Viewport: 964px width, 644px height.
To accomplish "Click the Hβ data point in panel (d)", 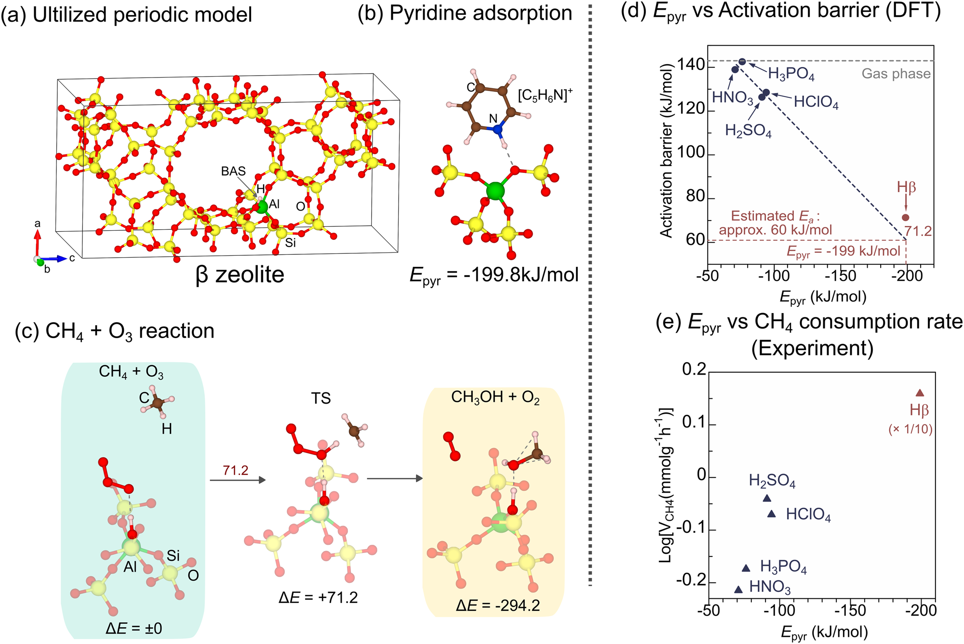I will pos(905,218).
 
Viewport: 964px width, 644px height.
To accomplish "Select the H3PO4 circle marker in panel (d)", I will pos(742,62).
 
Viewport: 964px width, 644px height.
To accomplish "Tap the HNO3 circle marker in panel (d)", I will pos(735,69).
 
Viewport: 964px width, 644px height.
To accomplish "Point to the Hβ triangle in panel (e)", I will pos(920,393).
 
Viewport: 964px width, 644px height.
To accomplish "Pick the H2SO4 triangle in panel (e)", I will pos(767,498).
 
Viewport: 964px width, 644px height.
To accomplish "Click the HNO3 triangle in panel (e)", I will pos(738,589).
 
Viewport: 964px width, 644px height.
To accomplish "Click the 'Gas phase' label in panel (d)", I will pos(896,74).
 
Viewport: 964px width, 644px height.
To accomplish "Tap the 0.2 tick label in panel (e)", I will pos(694,369).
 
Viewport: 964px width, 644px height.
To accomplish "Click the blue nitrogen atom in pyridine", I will pos(497,129).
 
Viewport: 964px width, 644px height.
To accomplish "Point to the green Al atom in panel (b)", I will pos(495,191).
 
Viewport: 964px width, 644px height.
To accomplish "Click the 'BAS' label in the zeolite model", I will pos(233,171).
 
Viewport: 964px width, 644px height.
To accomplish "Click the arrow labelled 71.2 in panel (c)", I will pos(238,480).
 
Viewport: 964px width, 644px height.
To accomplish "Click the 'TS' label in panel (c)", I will pos(321,399).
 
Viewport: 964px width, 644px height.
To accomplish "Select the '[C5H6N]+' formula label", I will pos(545,95).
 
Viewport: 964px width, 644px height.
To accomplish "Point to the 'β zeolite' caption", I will pos(240,275).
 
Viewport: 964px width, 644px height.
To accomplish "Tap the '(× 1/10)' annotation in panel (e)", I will pos(910,429).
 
